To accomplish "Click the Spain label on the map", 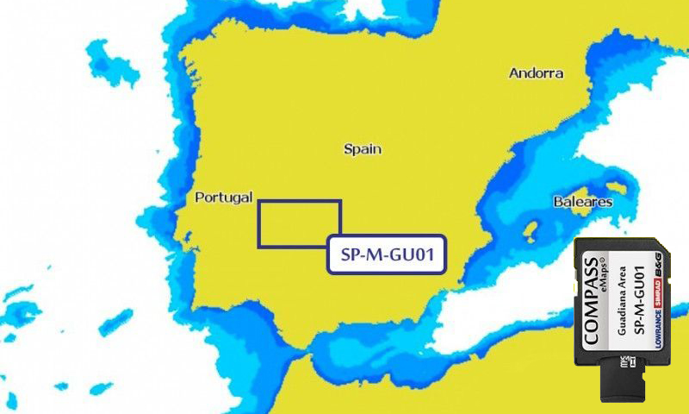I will (362, 149).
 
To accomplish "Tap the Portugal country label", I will (223, 198).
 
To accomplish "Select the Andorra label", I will (536, 73).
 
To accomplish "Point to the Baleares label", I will (583, 202).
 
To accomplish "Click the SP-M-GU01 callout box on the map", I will (386, 255).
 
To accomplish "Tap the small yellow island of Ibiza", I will (531, 230).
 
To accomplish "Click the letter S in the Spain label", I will (348, 149).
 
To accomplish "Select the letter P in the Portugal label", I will (200, 198).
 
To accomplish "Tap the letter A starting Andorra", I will (513, 73).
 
